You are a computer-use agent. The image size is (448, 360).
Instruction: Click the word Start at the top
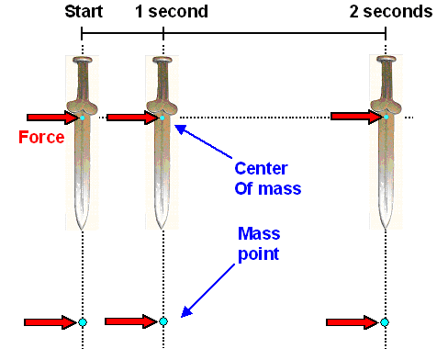[84, 13]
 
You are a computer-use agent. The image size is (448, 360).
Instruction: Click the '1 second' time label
[172, 13]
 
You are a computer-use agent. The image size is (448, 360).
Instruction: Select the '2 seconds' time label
[391, 13]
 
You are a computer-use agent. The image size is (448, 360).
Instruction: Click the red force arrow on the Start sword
[51, 118]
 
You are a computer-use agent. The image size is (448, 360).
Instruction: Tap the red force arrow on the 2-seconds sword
[355, 117]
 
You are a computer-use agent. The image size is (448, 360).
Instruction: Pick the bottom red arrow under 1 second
[131, 321]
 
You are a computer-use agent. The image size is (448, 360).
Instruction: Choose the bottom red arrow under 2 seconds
[353, 322]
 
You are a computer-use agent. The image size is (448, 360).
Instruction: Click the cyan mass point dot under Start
[83, 322]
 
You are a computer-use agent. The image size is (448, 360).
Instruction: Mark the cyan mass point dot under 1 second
[163, 321]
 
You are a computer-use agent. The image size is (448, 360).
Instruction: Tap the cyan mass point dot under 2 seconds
[385, 322]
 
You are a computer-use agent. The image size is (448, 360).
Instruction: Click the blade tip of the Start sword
[83, 227]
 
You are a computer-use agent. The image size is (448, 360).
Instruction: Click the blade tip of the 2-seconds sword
[386, 227]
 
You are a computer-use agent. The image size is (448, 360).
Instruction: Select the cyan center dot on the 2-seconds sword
[386, 118]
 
